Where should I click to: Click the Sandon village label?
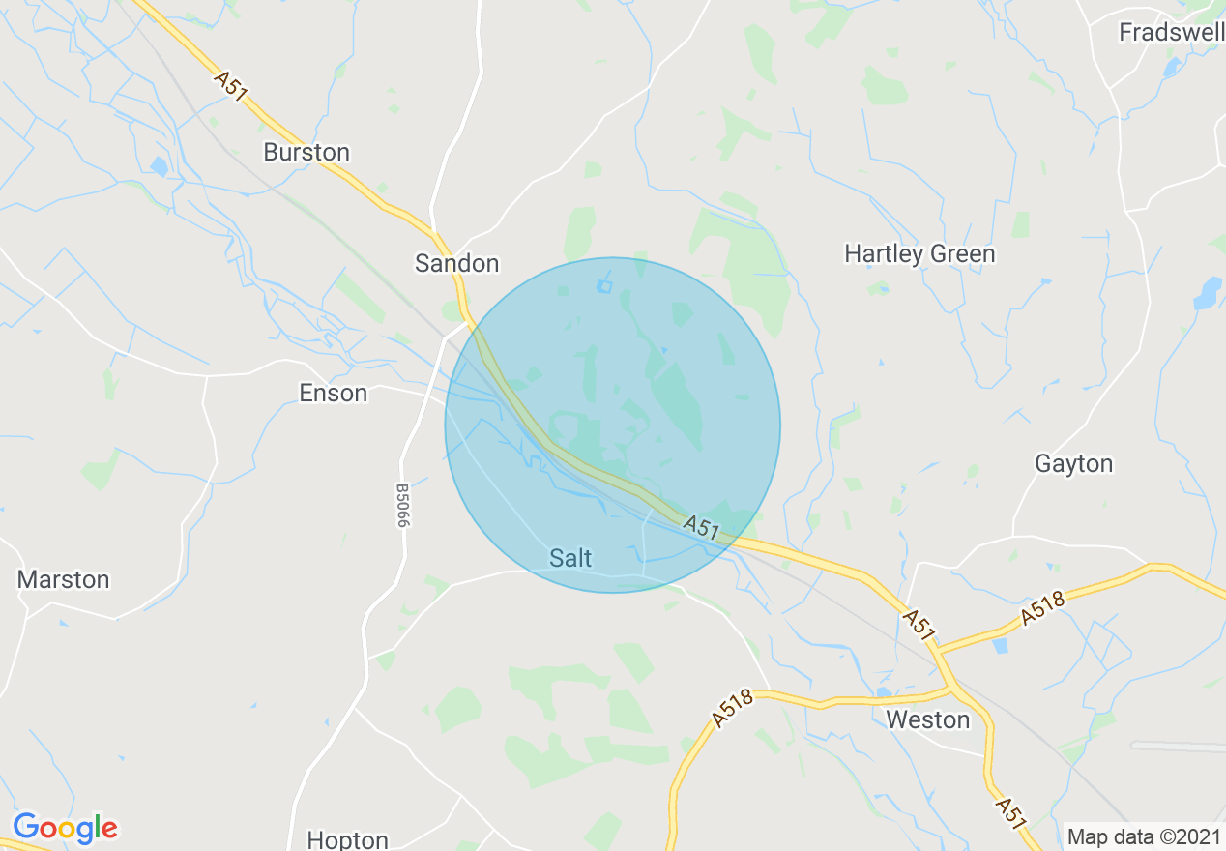pyautogui.click(x=456, y=263)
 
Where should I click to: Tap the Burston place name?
pyautogui.click(x=306, y=153)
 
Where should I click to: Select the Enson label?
pyautogui.click(x=334, y=394)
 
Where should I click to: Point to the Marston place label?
pyautogui.click(x=64, y=580)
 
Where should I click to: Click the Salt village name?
pyautogui.click(x=570, y=558)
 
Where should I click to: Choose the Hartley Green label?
pyautogui.click(x=919, y=254)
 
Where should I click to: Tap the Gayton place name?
pyautogui.click(x=1074, y=464)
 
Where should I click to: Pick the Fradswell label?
pyautogui.click(x=1171, y=33)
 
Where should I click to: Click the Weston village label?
pyautogui.click(x=927, y=720)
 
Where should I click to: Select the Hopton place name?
pyautogui.click(x=347, y=839)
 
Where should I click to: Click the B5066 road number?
pyautogui.click(x=402, y=505)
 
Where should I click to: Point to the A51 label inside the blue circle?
pyautogui.click(x=702, y=527)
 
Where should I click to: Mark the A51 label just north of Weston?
pyautogui.click(x=919, y=625)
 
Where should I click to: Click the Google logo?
pyautogui.click(x=65, y=828)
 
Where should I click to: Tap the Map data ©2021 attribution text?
pyautogui.click(x=1142, y=836)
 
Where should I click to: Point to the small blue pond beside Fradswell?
pyautogui.click(x=1172, y=68)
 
